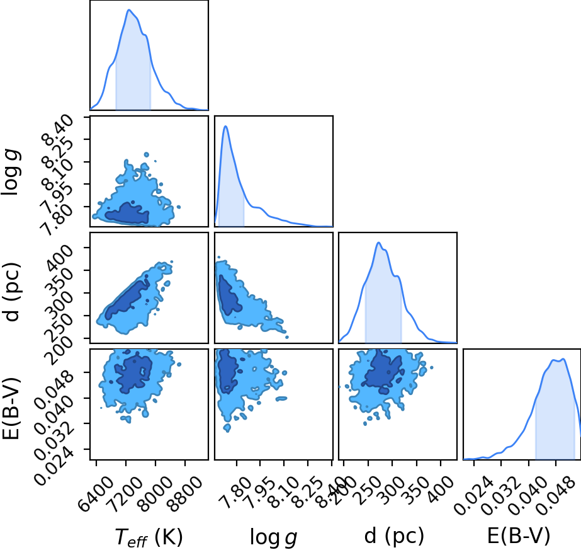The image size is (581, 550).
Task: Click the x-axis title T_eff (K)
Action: coord(149,537)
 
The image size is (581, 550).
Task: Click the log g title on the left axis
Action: coord(11,172)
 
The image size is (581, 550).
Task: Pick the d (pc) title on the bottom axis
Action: coord(394,536)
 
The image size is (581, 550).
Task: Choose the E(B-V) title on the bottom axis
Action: coord(519,536)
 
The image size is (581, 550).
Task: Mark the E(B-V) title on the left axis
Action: coord(11,409)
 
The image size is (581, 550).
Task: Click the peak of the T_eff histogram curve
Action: coord(129,9)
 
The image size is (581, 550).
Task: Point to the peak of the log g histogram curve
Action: coord(225,127)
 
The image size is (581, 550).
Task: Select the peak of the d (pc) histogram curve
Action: coord(378,243)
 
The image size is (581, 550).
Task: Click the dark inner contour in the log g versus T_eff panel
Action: coord(127,214)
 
